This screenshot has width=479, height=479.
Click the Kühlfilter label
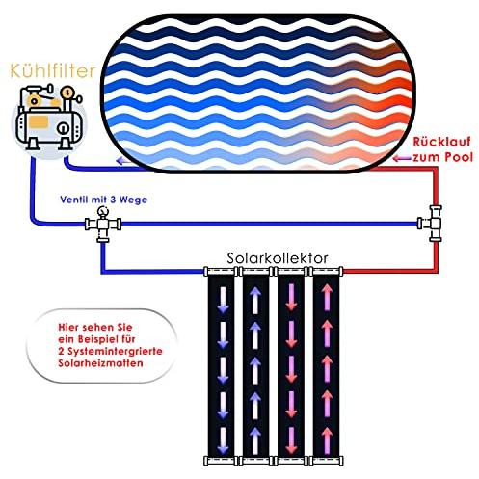pyautogui.click(x=53, y=71)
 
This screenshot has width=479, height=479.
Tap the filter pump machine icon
pyautogui.click(x=49, y=118)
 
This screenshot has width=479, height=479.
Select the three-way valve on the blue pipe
pyautogui.click(x=103, y=224)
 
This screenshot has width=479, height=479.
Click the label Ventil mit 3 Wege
pyautogui.click(x=104, y=200)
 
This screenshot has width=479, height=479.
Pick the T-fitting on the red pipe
pyautogui.click(x=431, y=224)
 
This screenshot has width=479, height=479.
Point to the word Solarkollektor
pyautogui.click(x=278, y=258)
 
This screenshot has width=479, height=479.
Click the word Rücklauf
pyautogui.click(x=441, y=142)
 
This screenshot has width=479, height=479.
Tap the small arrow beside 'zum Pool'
pyautogui.click(x=402, y=158)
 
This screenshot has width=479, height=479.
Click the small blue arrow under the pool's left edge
pyautogui.click(x=124, y=161)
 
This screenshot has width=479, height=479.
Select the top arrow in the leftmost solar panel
pyautogui.click(x=223, y=300)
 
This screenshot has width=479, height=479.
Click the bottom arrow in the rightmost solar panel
pyautogui.click(x=327, y=440)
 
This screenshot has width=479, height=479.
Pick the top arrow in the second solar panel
pyautogui.click(x=255, y=300)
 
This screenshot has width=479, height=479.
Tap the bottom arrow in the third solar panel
pyautogui.click(x=291, y=440)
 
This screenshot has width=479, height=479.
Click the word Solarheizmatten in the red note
pyautogui.click(x=100, y=363)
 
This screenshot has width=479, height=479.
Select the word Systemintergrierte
pyautogui.click(x=115, y=352)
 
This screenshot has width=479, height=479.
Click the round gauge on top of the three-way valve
pyautogui.click(x=103, y=211)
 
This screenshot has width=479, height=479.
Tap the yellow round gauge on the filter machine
pyautogui.click(x=67, y=92)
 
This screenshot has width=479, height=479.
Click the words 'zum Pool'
pyautogui.click(x=442, y=157)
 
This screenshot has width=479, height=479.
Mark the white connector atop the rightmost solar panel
pyautogui.click(x=327, y=272)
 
